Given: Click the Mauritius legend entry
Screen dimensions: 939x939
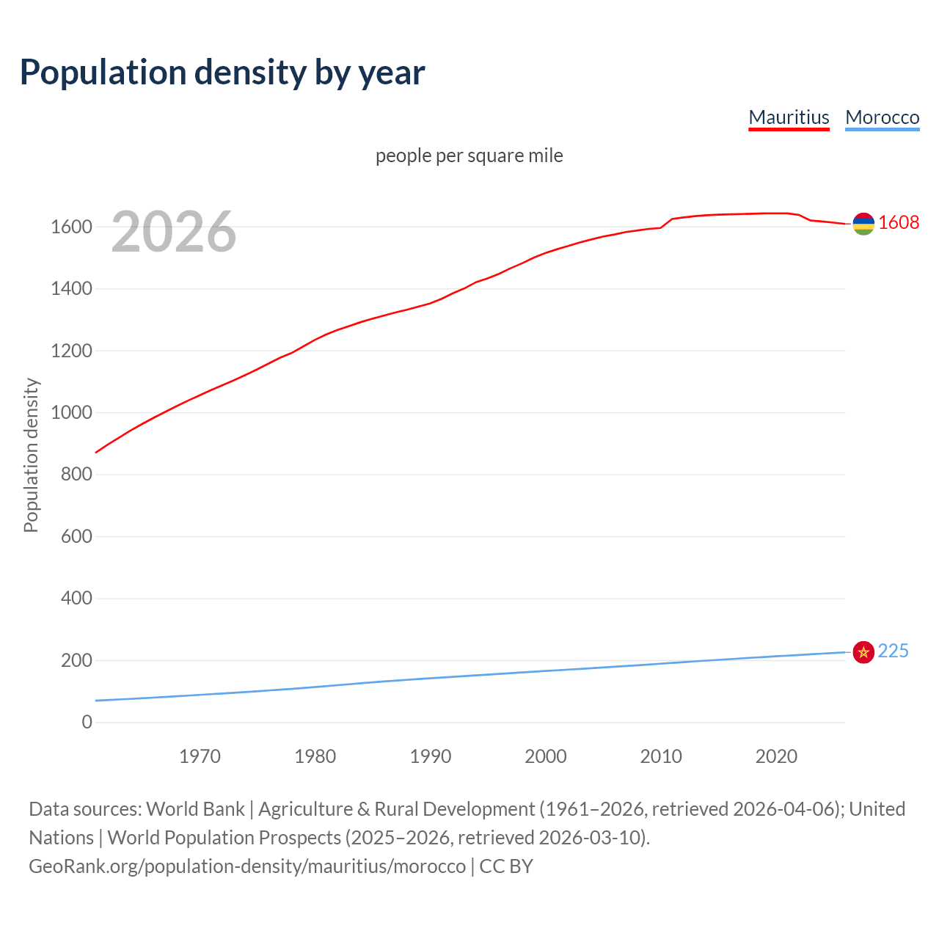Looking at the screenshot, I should (789, 117).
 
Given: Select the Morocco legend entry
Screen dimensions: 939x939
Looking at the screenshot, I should (882, 117).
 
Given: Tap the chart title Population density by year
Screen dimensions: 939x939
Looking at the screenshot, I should (222, 72).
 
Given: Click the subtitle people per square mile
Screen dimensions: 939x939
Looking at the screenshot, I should (469, 156).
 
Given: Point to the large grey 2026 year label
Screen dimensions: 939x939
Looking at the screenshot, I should (174, 232).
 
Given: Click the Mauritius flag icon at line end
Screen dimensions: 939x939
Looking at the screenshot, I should (863, 224).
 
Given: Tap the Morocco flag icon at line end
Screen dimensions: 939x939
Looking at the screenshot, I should (863, 651).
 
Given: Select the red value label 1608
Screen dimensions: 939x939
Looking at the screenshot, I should (898, 222).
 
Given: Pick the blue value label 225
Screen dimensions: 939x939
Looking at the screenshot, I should (893, 651).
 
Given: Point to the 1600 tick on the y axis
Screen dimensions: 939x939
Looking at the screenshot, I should (71, 227).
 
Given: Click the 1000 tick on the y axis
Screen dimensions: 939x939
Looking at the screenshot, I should (71, 412).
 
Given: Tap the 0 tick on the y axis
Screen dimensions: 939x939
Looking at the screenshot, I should (87, 722).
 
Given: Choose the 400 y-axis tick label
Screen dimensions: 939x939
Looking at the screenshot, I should (76, 598).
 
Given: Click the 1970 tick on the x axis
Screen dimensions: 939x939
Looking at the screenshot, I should (200, 756).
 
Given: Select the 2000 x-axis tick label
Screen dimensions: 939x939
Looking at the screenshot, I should (545, 756).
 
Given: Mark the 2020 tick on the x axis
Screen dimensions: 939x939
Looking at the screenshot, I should (775, 756).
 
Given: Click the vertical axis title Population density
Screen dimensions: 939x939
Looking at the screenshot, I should (31, 455).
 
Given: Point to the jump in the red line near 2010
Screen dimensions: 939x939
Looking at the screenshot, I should (666, 223).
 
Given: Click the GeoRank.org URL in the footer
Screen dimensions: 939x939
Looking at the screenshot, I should (247, 866).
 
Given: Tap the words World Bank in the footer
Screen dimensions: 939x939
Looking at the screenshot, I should (195, 809).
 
